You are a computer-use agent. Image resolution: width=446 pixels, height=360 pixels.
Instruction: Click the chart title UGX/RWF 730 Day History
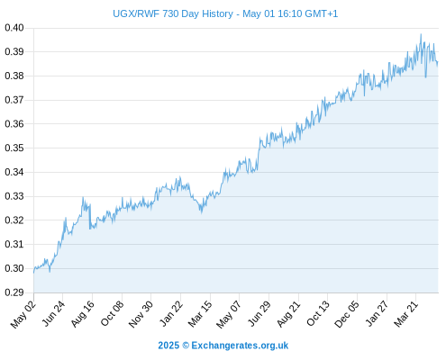[x=173, y=13]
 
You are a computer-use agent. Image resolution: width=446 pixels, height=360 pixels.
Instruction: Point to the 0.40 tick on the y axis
[x=14, y=28]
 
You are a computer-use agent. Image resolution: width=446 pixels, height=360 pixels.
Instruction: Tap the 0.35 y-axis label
[x=14, y=148]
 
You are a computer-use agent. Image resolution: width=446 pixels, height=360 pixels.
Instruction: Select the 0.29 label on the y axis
[x=14, y=292]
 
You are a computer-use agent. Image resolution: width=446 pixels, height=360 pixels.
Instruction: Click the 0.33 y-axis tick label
[x=14, y=196]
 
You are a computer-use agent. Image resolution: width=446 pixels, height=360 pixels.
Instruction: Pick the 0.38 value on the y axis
[x=14, y=76]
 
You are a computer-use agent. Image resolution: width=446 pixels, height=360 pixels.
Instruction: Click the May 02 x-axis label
[x=23, y=314]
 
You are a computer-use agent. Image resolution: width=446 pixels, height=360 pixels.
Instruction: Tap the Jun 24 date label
[x=53, y=313]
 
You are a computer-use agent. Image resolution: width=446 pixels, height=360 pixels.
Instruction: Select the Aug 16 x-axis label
[x=83, y=314]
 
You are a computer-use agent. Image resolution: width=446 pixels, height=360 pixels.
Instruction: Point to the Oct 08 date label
[x=112, y=313]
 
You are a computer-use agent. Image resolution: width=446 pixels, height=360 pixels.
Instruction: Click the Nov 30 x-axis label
[x=141, y=314]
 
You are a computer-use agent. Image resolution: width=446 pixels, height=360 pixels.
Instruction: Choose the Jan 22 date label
[x=171, y=313]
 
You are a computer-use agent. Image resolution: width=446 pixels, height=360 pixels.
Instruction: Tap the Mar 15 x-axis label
[x=200, y=314]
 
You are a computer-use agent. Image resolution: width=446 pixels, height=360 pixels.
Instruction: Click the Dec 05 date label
[x=347, y=314]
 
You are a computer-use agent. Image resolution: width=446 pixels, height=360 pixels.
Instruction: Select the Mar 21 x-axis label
[x=406, y=314]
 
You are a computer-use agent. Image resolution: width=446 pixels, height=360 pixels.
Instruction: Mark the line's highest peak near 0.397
[x=421, y=34]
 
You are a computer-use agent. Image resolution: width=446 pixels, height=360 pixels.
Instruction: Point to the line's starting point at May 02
[x=33, y=273]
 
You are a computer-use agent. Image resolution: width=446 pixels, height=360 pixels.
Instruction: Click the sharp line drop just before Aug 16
[x=90, y=217]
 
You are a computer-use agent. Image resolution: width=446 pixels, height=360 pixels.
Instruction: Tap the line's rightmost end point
[x=438, y=62]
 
